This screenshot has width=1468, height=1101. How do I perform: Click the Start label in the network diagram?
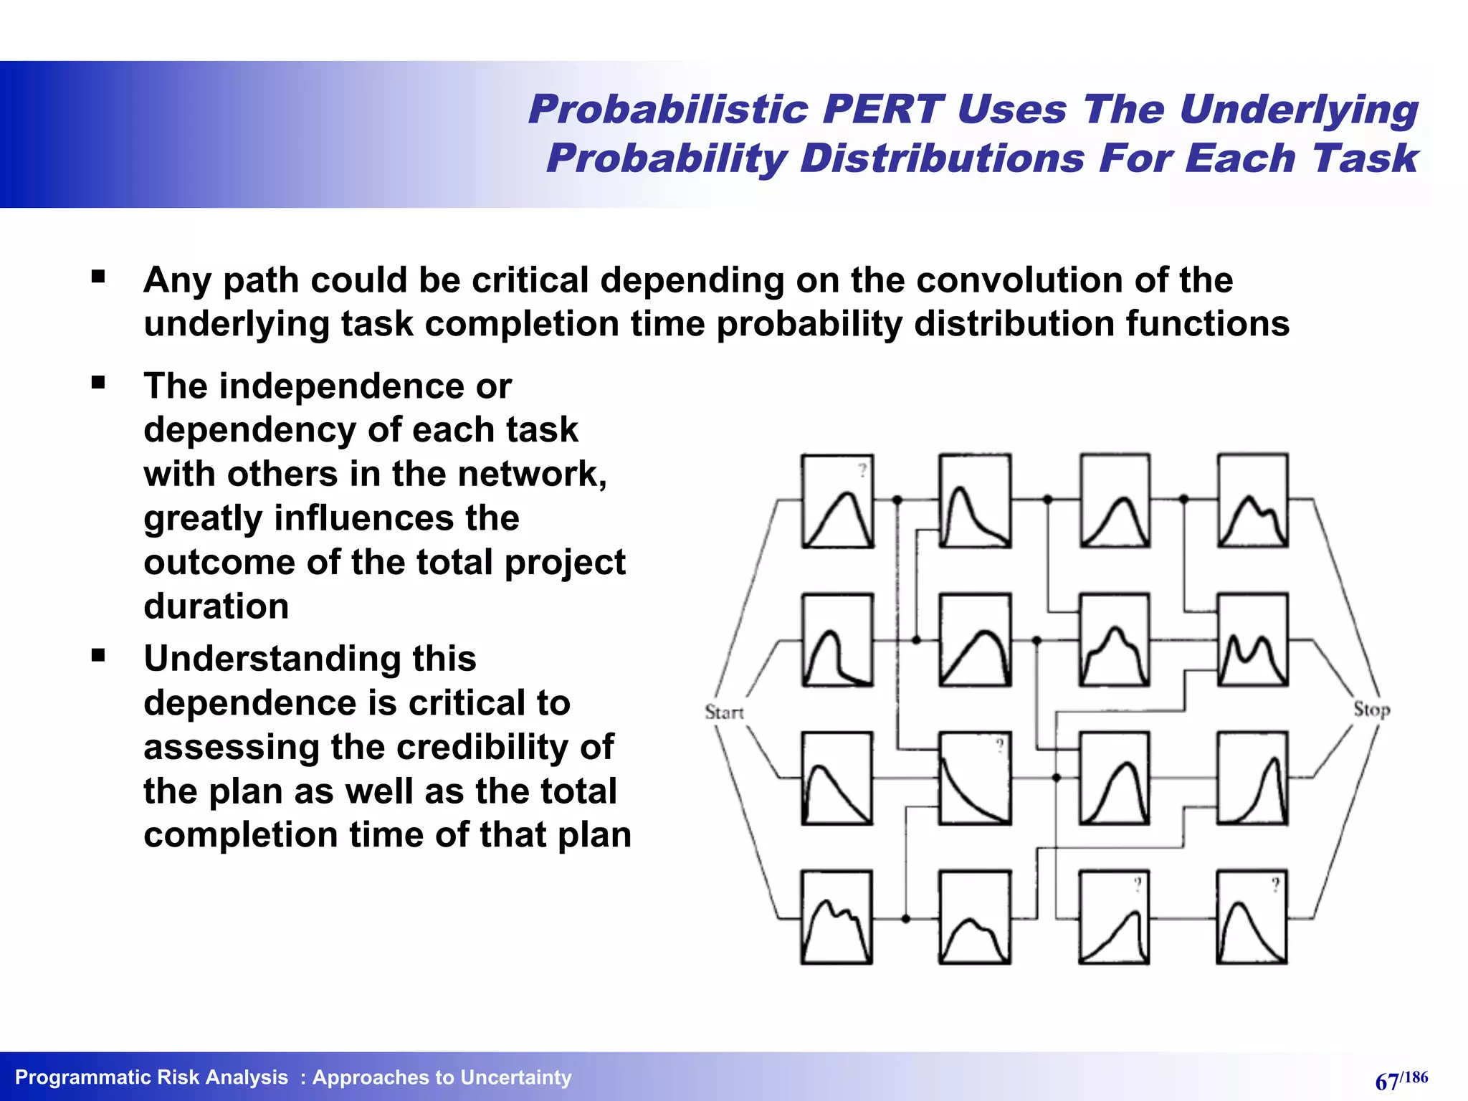pyautogui.click(x=724, y=712)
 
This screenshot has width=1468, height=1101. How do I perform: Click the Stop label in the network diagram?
pyautogui.click(x=1371, y=709)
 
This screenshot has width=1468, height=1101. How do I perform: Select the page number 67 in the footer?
pyautogui.click(x=1387, y=1081)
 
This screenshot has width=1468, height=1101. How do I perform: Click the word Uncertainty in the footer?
pyautogui.click(x=516, y=1077)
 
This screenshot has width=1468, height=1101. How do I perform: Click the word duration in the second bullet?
pyautogui.click(x=216, y=606)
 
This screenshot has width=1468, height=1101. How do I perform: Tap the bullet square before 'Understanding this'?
pyautogui.click(x=98, y=654)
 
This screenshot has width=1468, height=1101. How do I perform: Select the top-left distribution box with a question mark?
pyautogui.click(x=837, y=501)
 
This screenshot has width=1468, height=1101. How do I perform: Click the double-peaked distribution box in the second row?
pyautogui.click(x=1252, y=640)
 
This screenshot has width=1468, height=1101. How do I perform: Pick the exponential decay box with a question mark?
pyautogui.click(x=975, y=778)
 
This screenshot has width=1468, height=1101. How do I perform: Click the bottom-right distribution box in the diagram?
pyautogui.click(x=1252, y=917)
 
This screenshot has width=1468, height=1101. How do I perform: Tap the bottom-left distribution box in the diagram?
pyautogui.click(x=837, y=917)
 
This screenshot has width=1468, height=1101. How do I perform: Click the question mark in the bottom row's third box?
pyautogui.click(x=1137, y=885)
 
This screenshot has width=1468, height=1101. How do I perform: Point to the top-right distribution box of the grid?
pyautogui.click(x=1252, y=501)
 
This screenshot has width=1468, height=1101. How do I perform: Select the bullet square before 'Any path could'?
pyautogui.click(x=98, y=276)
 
